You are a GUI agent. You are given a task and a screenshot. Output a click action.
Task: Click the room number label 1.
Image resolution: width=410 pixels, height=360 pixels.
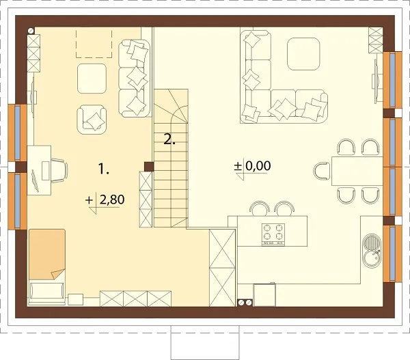click(103, 169)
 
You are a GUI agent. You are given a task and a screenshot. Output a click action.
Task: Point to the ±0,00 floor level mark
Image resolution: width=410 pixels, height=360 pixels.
click(252, 166)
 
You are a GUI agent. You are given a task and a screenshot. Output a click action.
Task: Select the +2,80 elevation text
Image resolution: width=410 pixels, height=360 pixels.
click(105, 200)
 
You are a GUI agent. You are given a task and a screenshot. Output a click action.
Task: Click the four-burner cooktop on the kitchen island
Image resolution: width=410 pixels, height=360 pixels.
click(273, 234)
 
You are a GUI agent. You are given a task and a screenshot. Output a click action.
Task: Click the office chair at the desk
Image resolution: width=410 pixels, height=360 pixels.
click(59, 171)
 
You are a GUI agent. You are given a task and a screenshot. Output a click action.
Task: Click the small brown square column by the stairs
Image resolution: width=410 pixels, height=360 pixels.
click(149, 166)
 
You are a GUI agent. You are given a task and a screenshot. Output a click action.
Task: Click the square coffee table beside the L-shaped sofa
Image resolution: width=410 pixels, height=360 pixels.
click(303, 54)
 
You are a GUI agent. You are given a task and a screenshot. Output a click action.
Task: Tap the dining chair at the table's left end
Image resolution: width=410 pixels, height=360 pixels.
click(322, 171)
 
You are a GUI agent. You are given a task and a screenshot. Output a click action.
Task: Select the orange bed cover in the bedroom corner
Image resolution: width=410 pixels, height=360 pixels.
click(47, 254)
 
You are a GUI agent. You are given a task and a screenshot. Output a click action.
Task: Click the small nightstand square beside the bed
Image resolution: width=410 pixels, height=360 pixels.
click(76, 299)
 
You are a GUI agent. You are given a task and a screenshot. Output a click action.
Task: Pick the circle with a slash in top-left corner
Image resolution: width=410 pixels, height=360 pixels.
click(31, 31)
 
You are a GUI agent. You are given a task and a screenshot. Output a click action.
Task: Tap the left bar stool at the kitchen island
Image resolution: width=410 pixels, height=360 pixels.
click(260, 208)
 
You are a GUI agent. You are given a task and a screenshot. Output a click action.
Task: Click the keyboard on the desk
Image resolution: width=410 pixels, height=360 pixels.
click(35, 180)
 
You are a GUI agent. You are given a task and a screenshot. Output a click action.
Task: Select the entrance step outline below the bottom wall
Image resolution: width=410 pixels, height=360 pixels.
click(205, 342)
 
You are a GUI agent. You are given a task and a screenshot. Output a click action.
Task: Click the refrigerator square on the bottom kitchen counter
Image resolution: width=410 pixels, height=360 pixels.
click(264, 294)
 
